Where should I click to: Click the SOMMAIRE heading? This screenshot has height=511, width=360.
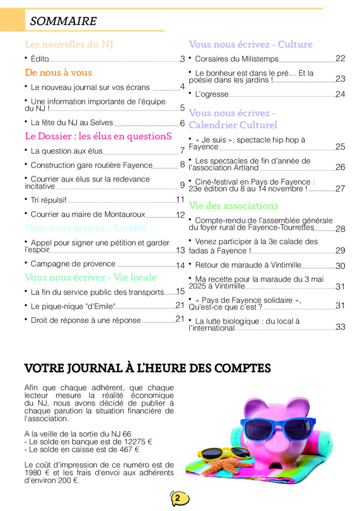pyautogui.click(x=63, y=21)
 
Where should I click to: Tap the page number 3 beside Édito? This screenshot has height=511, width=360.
pyautogui.click(x=183, y=59)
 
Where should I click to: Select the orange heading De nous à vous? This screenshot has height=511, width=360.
pyautogui.click(x=58, y=72)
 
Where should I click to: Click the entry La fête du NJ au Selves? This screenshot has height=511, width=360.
pyautogui.click(x=71, y=123)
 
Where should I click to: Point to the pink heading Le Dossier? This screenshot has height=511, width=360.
pyautogui.click(x=98, y=136)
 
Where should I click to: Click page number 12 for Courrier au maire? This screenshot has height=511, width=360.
pyautogui.click(x=180, y=215)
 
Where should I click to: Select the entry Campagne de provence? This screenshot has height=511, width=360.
pyautogui.click(x=73, y=264)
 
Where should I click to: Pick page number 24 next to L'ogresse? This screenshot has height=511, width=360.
pyautogui.click(x=340, y=94)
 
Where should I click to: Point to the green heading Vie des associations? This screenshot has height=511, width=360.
pyautogui.click(x=233, y=206)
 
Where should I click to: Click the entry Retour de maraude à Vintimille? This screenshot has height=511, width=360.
pyautogui.click(x=248, y=265)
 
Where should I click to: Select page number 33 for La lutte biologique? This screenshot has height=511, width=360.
pyautogui.click(x=341, y=327)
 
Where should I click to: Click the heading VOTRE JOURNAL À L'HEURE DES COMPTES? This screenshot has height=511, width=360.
pyautogui.click(x=147, y=369)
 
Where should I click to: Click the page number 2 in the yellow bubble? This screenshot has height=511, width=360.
pyautogui.click(x=178, y=498)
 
